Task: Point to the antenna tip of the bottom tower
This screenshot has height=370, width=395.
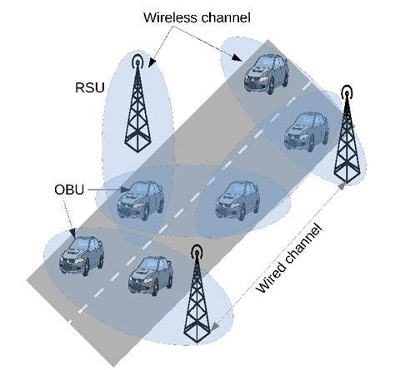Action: pos(196,252)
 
